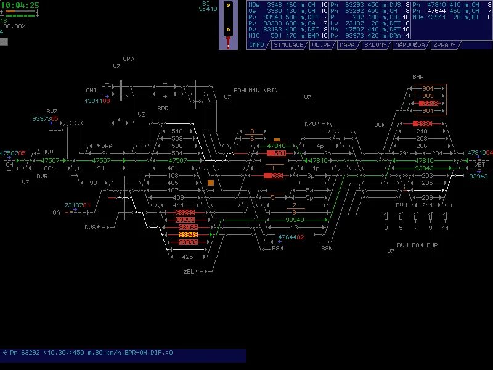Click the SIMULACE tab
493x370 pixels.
[288, 45]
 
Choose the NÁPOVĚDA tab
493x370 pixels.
[410, 45]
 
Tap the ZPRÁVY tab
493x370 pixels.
[444, 45]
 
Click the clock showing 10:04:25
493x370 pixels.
[20, 5]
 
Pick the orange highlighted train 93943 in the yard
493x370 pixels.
[187, 235]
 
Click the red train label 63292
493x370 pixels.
[185, 213]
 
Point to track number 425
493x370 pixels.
[188, 257]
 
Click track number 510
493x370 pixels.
[177, 131]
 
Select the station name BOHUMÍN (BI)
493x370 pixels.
[256, 91]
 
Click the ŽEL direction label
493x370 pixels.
[189, 271]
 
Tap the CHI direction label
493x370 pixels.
[91, 91]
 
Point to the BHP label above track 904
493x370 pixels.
[418, 77]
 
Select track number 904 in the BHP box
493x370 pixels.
[428, 89]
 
